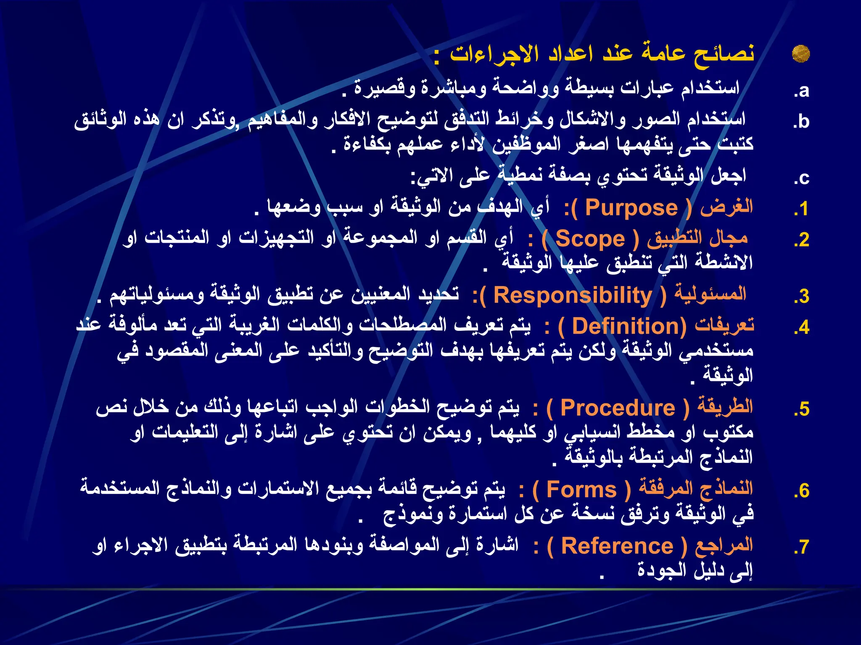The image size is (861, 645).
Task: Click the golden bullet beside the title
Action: (800, 54)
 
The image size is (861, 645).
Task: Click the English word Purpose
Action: (631, 208)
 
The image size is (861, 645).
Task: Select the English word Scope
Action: (590, 239)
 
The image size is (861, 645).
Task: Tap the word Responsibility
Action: (573, 295)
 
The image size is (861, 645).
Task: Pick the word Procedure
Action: (618, 408)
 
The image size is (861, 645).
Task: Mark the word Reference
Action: (617, 546)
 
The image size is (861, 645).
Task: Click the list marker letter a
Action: (803, 91)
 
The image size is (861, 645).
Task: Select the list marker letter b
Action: (803, 121)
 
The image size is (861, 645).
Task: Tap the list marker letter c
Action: (803, 178)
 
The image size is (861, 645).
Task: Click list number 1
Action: (803, 209)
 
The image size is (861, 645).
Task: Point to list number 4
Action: (803, 328)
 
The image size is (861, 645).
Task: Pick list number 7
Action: (803, 547)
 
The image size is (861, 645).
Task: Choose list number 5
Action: (803, 409)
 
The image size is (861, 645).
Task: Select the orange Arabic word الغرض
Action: (726, 207)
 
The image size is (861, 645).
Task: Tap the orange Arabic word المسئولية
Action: (710, 294)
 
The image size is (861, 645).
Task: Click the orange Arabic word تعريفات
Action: (724, 325)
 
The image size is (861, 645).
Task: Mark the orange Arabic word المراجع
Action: (724, 545)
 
